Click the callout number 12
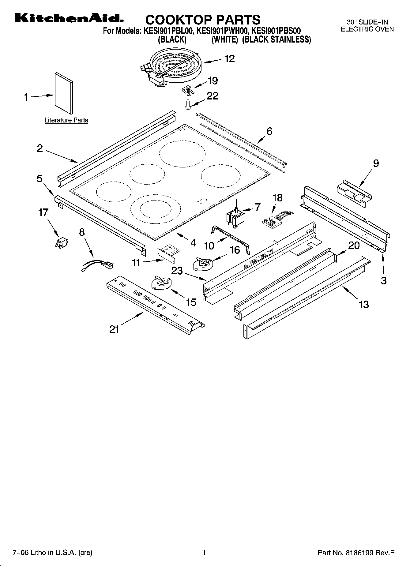pos(229,59)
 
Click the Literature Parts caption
pos(66,120)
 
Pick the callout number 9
pos(376,164)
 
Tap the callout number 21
pos(114,329)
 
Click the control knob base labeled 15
pos(160,282)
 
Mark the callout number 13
pos(363,305)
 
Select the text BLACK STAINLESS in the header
pos(276,40)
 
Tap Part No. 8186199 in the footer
pos(356,553)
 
